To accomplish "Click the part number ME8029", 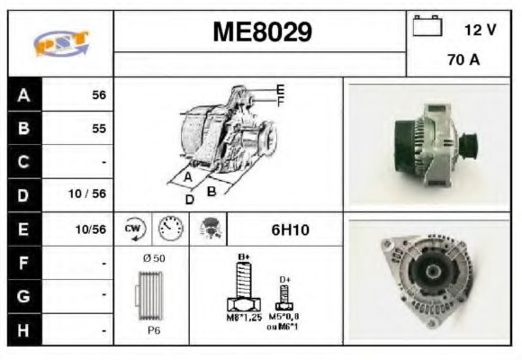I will coord(262,32).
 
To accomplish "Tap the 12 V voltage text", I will coord(480,30).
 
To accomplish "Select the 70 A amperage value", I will coord(463,61).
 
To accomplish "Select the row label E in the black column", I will coord(23,229).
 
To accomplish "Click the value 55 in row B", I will coord(99,128).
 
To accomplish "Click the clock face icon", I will coord(169,229).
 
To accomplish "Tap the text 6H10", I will coord(290,229).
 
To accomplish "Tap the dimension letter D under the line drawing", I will coord(190,200).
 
